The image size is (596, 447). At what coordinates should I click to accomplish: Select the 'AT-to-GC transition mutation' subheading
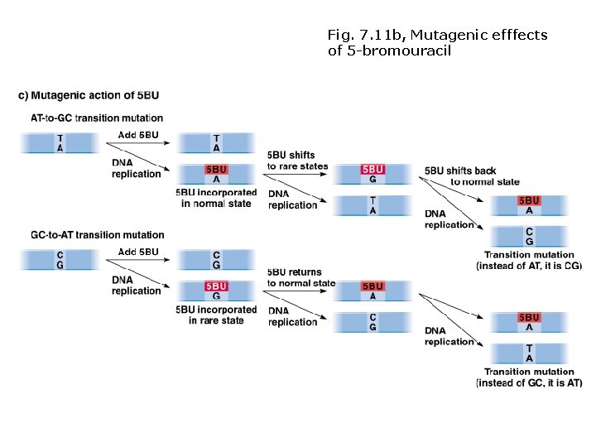click(97, 118)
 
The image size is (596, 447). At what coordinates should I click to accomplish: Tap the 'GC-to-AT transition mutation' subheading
click(97, 235)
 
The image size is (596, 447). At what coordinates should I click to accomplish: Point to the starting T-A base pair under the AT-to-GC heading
click(59, 143)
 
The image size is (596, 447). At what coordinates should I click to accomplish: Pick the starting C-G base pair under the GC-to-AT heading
click(59, 260)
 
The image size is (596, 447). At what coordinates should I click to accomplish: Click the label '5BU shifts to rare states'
click(297, 161)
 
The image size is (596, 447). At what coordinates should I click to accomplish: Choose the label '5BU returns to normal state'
click(301, 277)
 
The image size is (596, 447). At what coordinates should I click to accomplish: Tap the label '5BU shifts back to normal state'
click(472, 175)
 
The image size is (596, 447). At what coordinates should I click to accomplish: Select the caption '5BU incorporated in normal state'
click(216, 198)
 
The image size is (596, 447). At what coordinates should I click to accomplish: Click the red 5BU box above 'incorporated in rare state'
click(216, 286)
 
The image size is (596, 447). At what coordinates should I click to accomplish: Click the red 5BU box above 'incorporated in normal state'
click(216, 170)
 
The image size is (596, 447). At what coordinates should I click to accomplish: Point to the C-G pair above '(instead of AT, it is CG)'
click(529, 237)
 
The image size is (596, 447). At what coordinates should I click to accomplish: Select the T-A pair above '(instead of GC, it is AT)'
click(529, 353)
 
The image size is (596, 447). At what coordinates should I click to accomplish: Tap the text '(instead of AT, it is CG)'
click(529, 267)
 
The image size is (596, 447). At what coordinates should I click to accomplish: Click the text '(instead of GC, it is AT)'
click(529, 383)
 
